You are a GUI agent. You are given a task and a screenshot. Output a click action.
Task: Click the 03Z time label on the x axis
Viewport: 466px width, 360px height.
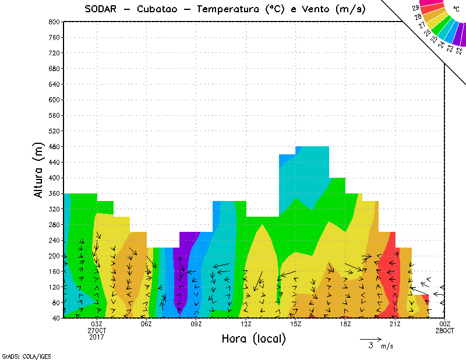click(x=97, y=324)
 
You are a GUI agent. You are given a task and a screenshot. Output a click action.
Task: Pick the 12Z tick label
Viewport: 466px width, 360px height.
click(x=246, y=324)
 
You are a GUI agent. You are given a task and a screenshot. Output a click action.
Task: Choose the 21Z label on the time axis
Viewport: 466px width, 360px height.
click(x=395, y=324)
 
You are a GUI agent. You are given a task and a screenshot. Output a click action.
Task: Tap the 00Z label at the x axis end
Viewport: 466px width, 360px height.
click(x=445, y=324)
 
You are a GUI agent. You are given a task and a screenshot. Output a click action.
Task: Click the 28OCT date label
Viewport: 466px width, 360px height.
click(x=445, y=330)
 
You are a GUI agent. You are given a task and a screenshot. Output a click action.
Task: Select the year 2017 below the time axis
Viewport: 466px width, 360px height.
click(x=97, y=337)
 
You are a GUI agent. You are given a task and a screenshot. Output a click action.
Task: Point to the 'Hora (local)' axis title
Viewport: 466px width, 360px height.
click(x=253, y=339)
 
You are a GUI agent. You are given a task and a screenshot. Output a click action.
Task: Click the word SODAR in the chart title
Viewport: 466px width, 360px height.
click(x=103, y=9)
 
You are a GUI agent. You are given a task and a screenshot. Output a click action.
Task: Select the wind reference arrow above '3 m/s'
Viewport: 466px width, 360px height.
click(x=370, y=338)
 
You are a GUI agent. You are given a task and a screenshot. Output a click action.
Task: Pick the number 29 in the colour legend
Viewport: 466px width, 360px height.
click(x=415, y=8)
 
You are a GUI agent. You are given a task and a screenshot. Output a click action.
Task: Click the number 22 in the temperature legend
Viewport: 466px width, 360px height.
click(x=460, y=50)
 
